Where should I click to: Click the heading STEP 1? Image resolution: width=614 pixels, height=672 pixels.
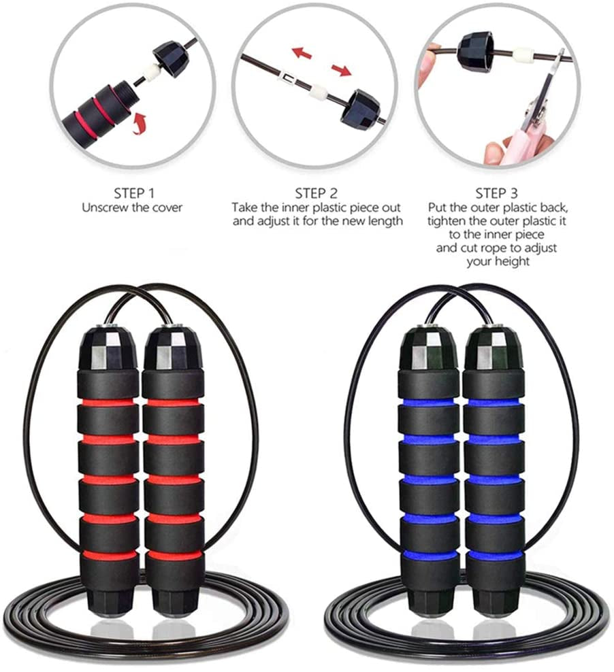click(132, 192)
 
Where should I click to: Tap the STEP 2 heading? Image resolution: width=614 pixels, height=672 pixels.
click(316, 192)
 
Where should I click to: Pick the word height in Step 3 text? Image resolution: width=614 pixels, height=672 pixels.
click(515, 261)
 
